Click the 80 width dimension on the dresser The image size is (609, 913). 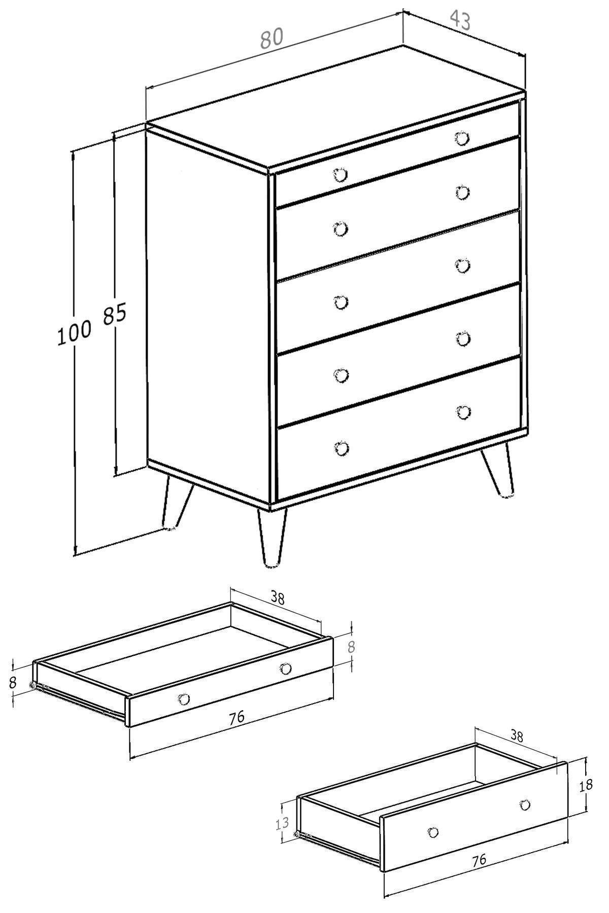click(x=272, y=38)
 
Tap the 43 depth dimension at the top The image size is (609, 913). click(x=460, y=20)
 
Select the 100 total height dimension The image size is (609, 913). click(x=74, y=333)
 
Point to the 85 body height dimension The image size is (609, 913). click(x=114, y=315)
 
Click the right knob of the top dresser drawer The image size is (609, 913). click(x=462, y=138)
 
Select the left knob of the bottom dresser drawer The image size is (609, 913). click(x=342, y=448)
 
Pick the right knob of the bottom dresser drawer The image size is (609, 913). click(x=463, y=412)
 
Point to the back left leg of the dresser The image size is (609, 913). click(x=175, y=502)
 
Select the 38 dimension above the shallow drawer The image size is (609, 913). click(x=277, y=598)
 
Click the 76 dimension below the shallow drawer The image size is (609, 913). click(x=236, y=717)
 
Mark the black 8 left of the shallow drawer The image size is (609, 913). click(x=13, y=682)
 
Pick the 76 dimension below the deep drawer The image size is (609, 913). click(x=479, y=859)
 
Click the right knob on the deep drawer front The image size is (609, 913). click(x=525, y=804)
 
